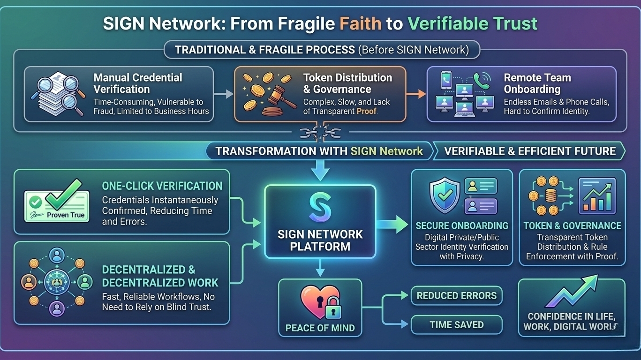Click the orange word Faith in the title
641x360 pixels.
pyautogui.click(x=361, y=23)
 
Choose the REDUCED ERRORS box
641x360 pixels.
pyautogui.click(x=456, y=296)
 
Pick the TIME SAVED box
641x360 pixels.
pyautogui.click(x=456, y=324)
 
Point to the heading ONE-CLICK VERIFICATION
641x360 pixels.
pyautogui.click(x=162, y=186)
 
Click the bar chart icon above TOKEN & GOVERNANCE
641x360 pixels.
pyautogui.click(x=597, y=196)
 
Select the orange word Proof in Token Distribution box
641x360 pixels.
pyautogui.click(x=366, y=111)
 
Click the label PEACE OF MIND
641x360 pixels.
pyautogui.click(x=320, y=328)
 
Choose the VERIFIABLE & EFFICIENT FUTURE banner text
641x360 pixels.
pyautogui.click(x=530, y=151)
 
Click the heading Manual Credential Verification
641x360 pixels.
pyautogui.click(x=138, y=83)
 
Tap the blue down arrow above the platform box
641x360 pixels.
pyautogui.click(x=320, y=171)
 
